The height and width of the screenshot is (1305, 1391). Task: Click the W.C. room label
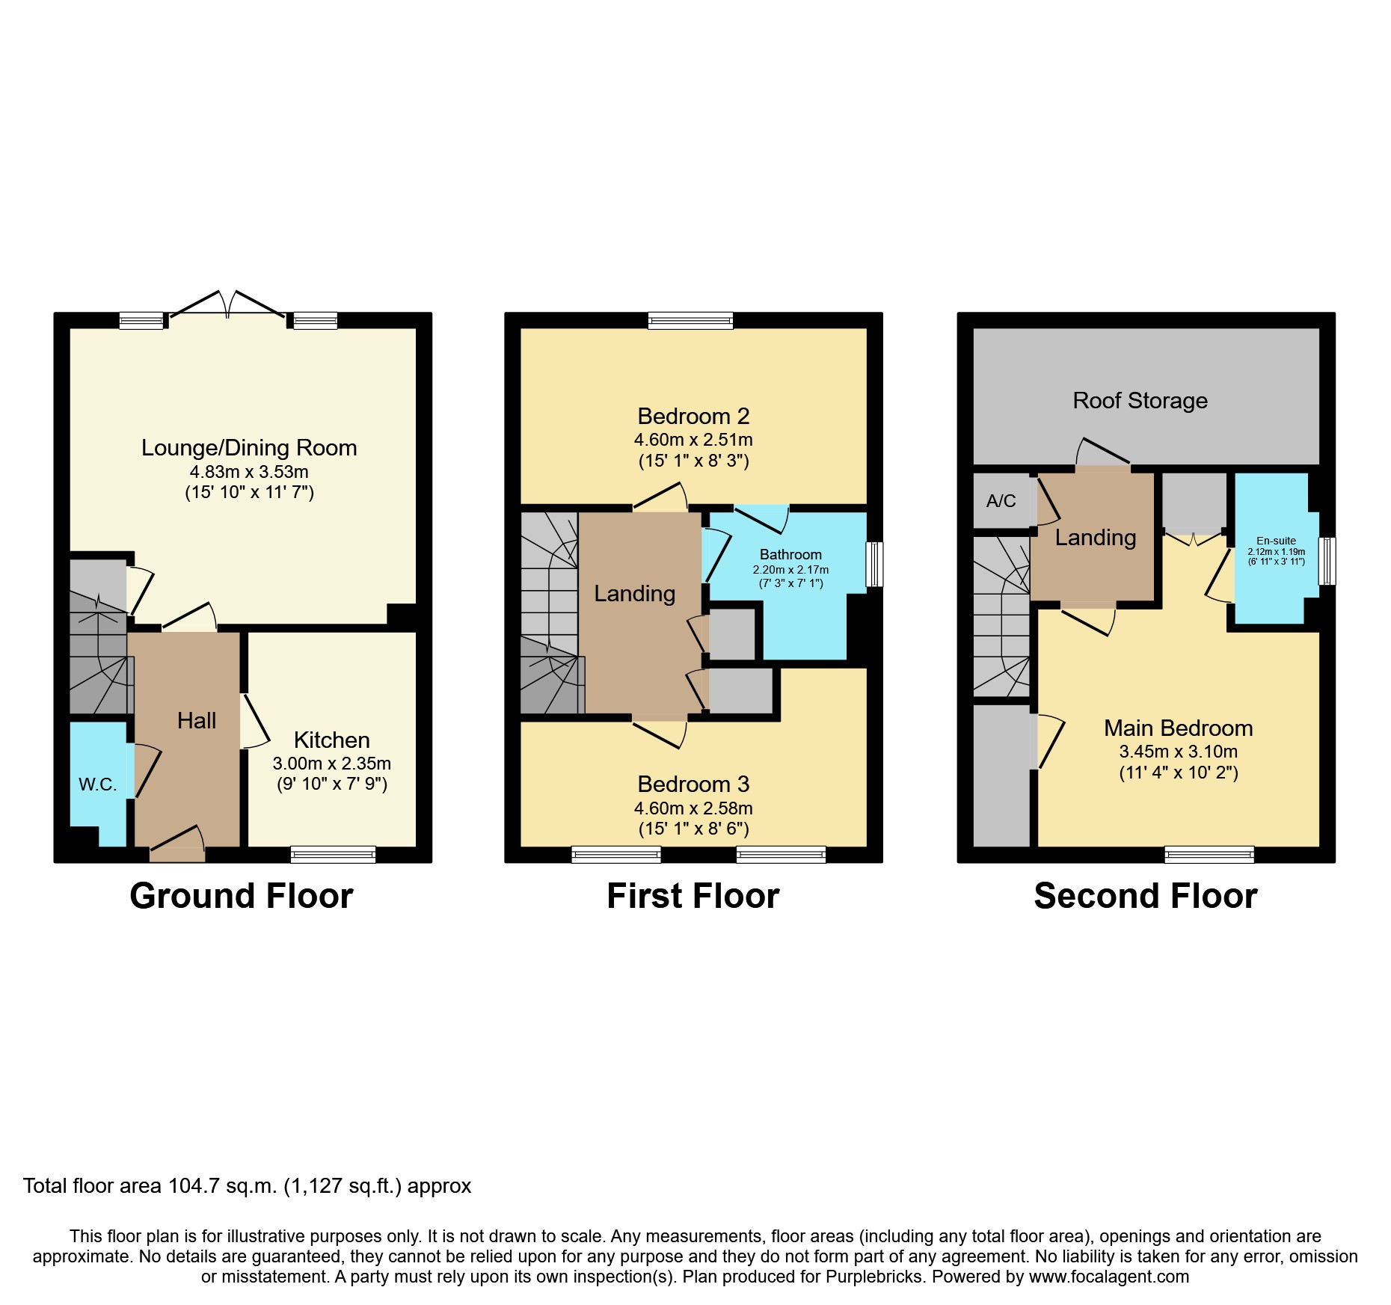tap(97, 784)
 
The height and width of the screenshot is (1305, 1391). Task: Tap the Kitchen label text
tap(331, 740)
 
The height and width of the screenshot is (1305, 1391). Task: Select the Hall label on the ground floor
tap(197, 720)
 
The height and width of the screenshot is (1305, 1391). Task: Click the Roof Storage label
tap(1140, 401)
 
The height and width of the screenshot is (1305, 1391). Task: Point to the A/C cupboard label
tap(1001, 501)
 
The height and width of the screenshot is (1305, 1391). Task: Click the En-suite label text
tap(1276, 541)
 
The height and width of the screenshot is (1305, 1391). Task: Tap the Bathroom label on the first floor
tap(790, 554)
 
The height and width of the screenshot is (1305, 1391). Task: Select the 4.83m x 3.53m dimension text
tap(249, 472)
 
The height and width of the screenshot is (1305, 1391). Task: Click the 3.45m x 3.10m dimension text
tap(1178, 752)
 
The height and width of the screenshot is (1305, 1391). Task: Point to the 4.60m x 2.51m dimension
tap(693, 440)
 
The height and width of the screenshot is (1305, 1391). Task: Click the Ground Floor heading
tap(241, 896)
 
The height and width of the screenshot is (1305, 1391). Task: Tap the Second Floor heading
tap(1145, 896)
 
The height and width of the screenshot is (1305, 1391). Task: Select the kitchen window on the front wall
tap(333, 854)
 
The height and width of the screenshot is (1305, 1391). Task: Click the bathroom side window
tap(874, 564)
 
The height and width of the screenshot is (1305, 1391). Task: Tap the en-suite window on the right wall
tap(1327, 560)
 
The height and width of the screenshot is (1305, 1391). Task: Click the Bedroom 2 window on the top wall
tap(690, 321)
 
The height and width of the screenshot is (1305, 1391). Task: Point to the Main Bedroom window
tap(1209, 854)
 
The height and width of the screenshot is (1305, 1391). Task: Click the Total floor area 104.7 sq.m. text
tap(247, 1186)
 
